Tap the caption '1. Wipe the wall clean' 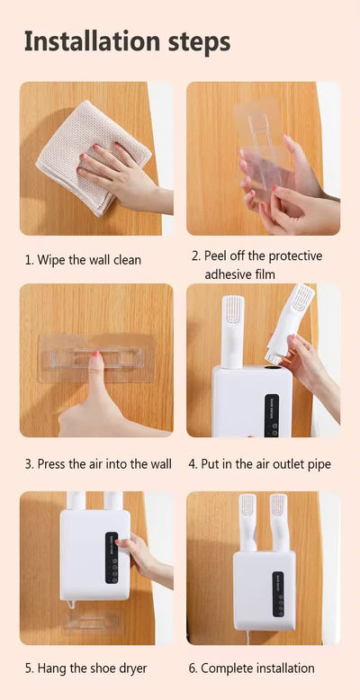pos(83,260)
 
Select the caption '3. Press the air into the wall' pos(98,464)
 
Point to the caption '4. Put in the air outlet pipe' pos(259,464)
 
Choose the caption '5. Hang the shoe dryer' pos(85,668)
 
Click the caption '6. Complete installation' pos(257,668)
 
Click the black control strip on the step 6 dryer pos(277,594)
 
